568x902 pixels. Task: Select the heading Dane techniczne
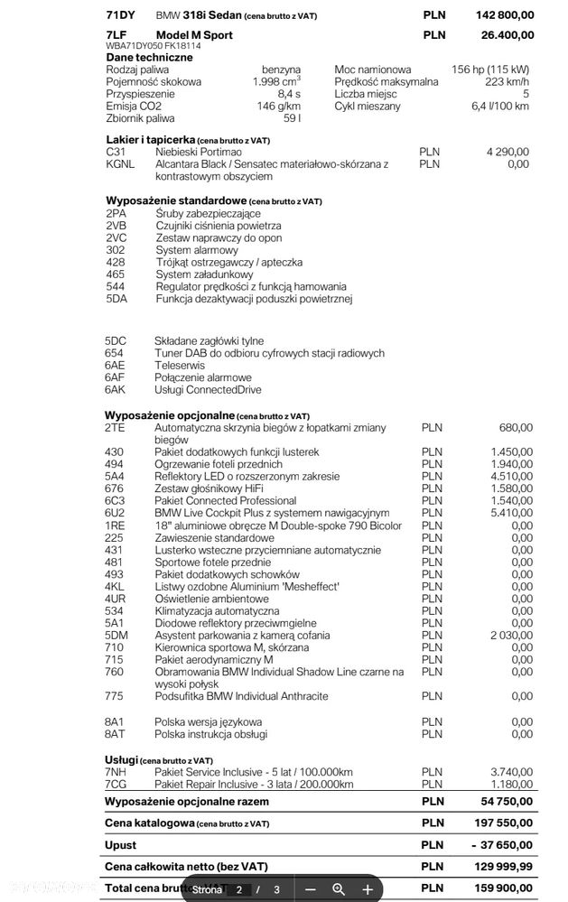pyautogui.click(x=149, y=56)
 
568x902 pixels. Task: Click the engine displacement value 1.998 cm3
pyautogui.click(x=276, y=82)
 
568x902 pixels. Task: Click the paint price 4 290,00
pyautogui.click(x=507, y=152)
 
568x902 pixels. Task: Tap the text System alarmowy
pyautogui.click(x=197, y=250)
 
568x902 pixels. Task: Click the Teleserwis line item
pyautogui.click(x=180, y=366)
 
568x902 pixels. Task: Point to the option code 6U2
pyautogui.click(x=115, y=513)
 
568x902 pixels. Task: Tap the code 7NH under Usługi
pyautogui.click(x=116, y=771)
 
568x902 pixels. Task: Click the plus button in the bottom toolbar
pyautogui.click(x=368, y=889)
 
